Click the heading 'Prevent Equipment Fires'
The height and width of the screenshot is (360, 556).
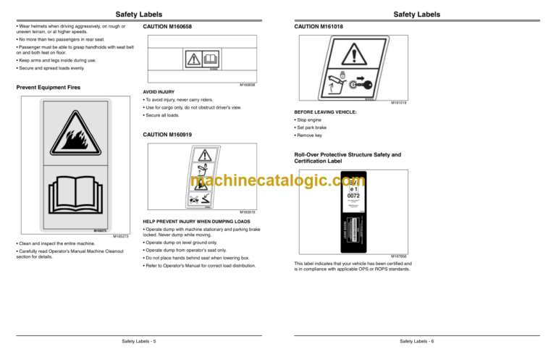pyautogui.click(x=48, y=88)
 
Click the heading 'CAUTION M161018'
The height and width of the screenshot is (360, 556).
pyautogui.click(x=318, y=27)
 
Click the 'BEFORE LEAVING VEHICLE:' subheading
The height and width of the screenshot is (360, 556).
pyautogui.click(x=325, y=112)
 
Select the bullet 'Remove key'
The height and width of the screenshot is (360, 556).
pyautogui.click(x=312, y=135)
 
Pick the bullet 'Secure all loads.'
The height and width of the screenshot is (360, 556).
pyautogui.click(x=163, y=115)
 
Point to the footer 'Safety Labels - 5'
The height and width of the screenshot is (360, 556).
pyautogui.click(x=138, y=340)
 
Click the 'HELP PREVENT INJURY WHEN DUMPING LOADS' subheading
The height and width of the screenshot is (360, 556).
pyautogui.click(x=197, y=221)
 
